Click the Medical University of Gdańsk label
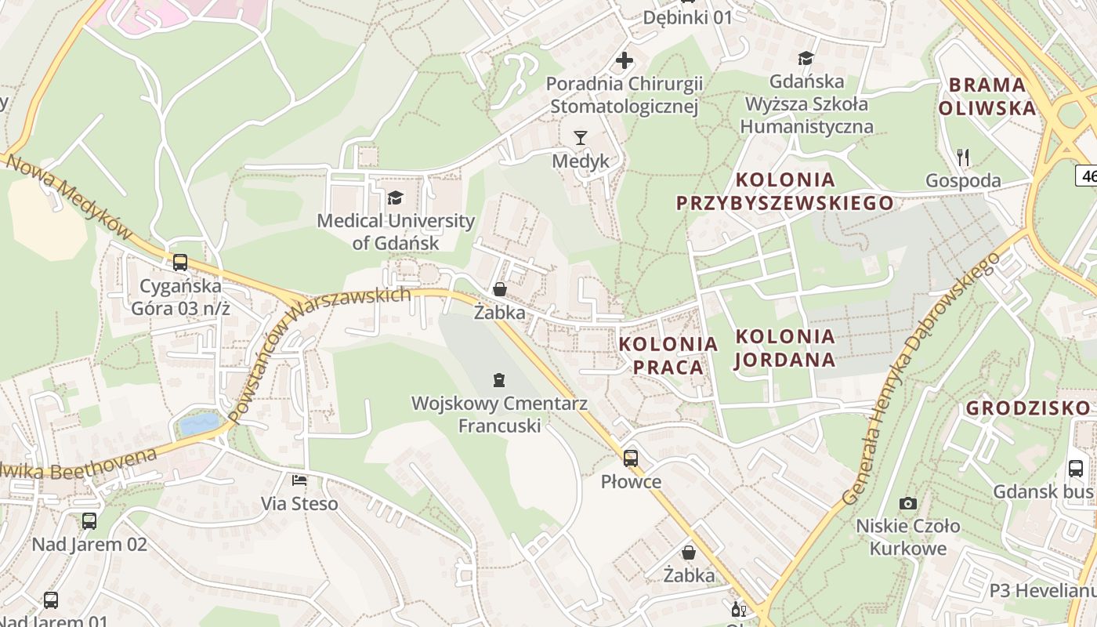396,232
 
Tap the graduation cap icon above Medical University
396,197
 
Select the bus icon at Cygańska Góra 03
180,262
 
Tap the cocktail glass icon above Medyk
580,138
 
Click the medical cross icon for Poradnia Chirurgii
625,60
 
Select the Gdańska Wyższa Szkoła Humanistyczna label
806,103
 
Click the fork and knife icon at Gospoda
963,158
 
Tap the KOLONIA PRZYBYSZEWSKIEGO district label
784,191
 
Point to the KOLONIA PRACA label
668,355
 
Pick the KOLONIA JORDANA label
785,348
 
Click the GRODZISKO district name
1027,408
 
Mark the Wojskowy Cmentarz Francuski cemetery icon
498,381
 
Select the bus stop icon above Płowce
631,458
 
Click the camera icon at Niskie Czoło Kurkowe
908,503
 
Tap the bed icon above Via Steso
299,480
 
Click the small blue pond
199,424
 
